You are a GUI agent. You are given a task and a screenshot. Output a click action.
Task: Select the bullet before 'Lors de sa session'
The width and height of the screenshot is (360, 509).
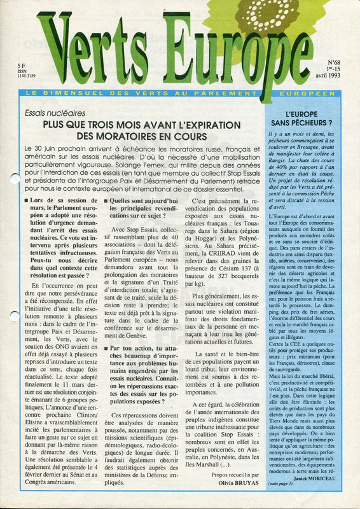[25, 200]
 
